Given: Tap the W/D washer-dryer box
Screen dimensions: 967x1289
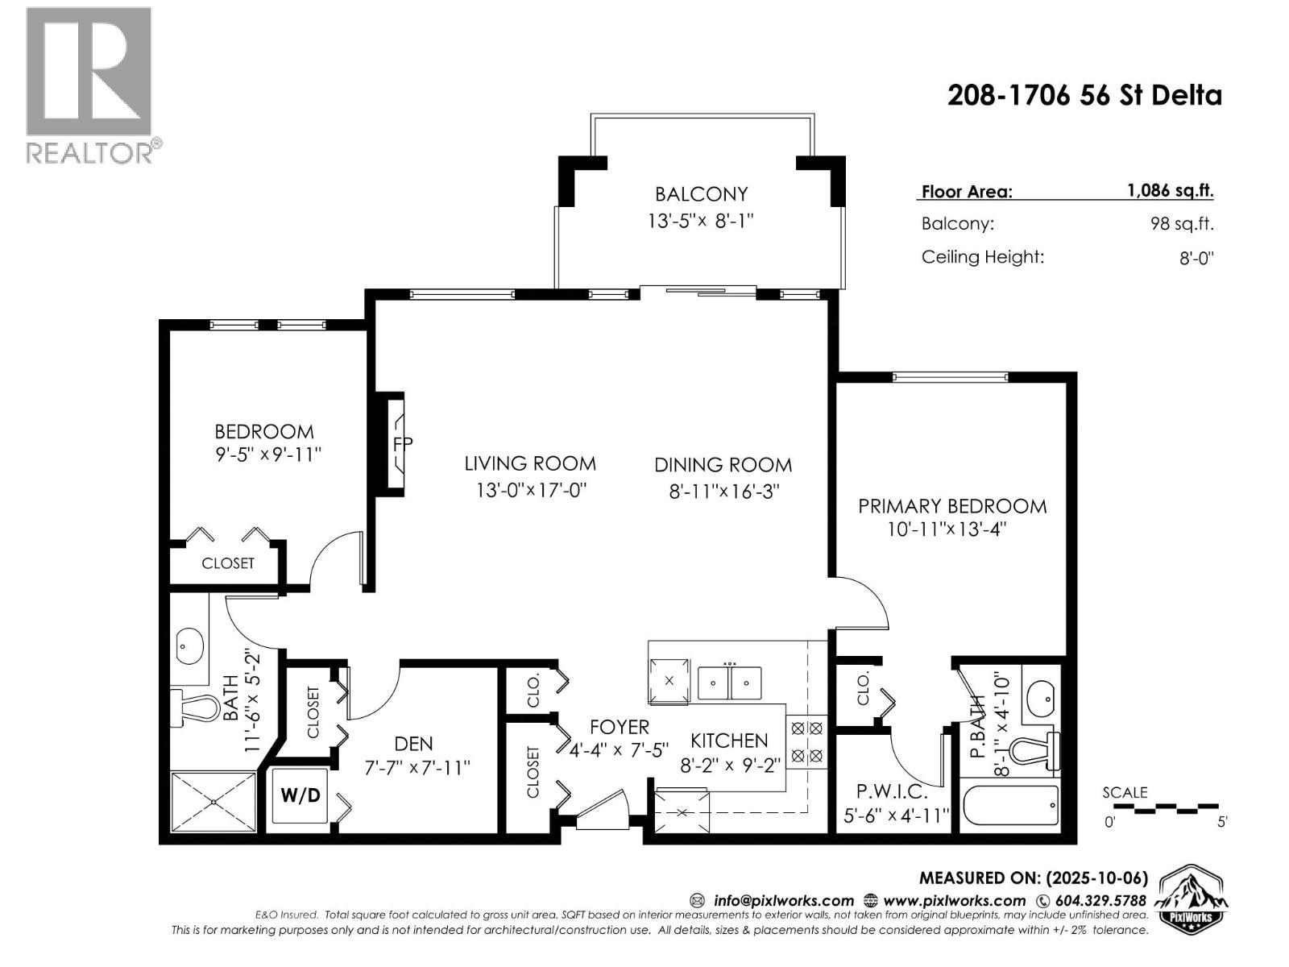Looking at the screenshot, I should click(x=300, y=795).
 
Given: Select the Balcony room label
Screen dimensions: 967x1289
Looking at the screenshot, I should click(x=701, y=194).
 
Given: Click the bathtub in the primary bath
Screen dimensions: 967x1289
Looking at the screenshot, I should click(x=1010, y=805).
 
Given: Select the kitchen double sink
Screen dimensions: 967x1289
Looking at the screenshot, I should click(x=729, y=683).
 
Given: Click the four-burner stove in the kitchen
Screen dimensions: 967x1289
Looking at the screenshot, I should click(x=806, y=741).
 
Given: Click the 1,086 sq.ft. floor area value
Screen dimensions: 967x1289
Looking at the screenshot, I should click(x=1170, y=191).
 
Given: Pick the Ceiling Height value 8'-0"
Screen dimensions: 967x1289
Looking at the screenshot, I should click(x=1196, y=258).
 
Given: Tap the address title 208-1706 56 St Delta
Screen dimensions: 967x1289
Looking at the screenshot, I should click(x=1084, y=96).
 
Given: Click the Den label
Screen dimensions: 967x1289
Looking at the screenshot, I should click(x=413, y=743).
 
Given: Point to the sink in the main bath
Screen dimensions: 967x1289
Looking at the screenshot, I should click(x=190, y=646).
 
